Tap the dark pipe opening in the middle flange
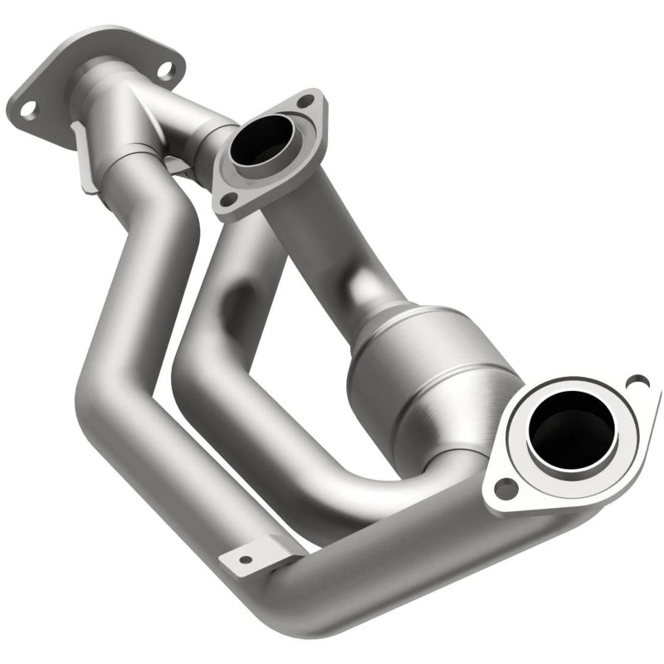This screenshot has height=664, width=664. point(259,141)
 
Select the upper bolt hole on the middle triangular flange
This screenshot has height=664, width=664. point(307,101)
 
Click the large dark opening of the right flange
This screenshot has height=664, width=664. point(571,429)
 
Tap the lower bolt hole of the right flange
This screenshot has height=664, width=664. point(504,490)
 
